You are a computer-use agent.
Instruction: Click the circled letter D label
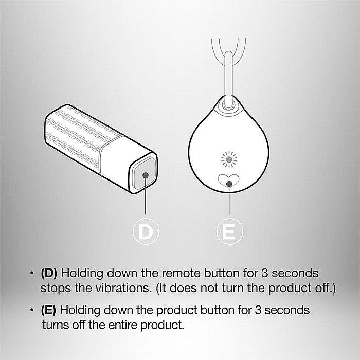tap(146, 231)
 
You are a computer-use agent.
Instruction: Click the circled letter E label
tap(229, 231)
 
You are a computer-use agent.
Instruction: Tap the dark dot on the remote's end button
tap(146, 175)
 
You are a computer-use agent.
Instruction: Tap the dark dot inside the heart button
tap(229, 184)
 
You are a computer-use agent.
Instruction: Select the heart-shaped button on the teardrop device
tap(229, 181)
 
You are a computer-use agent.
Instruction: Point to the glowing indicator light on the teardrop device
tap(229, 159)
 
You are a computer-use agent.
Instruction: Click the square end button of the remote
tap(145, 174)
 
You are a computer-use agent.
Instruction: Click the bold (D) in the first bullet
tap(49, 273)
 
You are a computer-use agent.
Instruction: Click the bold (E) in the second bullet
tap(48, 310)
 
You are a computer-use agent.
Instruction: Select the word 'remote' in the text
tap(181, 273)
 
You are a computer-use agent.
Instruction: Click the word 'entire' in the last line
tap(123, 325)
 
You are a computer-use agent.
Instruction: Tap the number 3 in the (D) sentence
tap(265, 273)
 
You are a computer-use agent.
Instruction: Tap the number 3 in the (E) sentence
tap(258, 310)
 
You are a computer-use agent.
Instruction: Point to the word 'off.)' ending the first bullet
tap(325, 288)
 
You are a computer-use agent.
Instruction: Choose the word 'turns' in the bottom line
tap(56, 325)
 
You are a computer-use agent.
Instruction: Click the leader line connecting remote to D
tap(146, 195)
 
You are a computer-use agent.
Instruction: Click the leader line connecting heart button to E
tap(229, 199)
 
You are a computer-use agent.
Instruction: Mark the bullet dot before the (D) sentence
tap(31, 273)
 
